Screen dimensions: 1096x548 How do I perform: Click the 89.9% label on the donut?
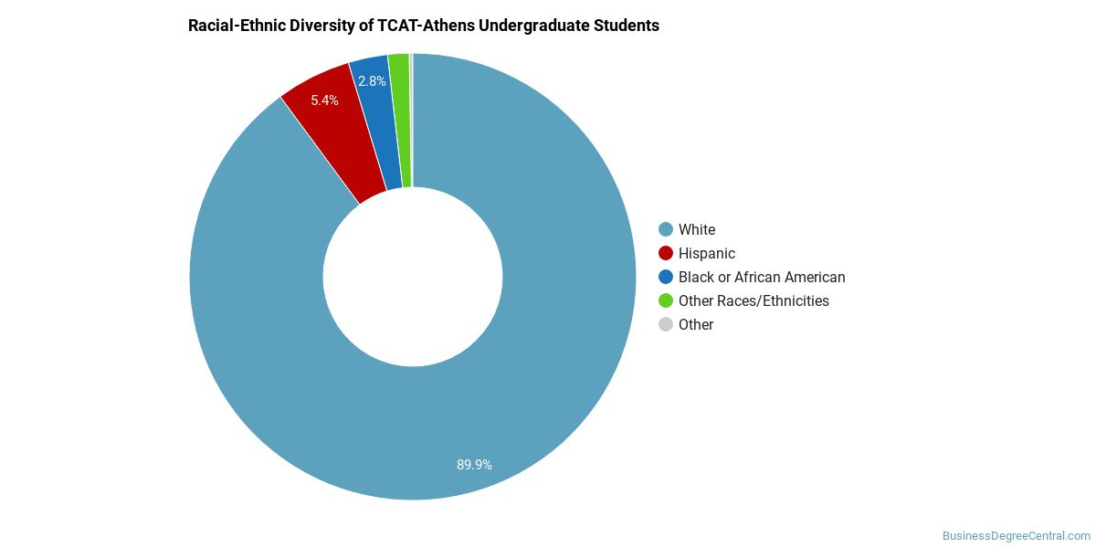coord(474,464)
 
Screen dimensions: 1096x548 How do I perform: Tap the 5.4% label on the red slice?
coord(324,100)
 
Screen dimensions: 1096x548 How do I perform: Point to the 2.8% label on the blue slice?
coord(372,81)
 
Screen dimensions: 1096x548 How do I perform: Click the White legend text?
coord(697,229)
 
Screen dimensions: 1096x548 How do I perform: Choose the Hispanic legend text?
coord(707,254)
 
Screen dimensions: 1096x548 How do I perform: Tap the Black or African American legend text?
coord(762,277)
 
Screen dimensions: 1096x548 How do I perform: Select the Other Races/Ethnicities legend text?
coord(753,300)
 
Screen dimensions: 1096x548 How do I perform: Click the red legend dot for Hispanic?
coord(666,254)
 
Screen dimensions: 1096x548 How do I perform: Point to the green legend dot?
coord(666,300)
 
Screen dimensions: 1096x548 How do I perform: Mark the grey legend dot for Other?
coord(666,324)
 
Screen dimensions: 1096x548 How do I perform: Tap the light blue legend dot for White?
coord(666,229)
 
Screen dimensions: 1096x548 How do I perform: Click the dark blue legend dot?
coord(666,277)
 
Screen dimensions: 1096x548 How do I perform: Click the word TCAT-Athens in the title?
coord(426,26)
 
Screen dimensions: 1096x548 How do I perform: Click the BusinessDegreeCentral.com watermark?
coord(1017,536)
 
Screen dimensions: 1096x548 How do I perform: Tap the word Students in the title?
coord(627,26)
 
